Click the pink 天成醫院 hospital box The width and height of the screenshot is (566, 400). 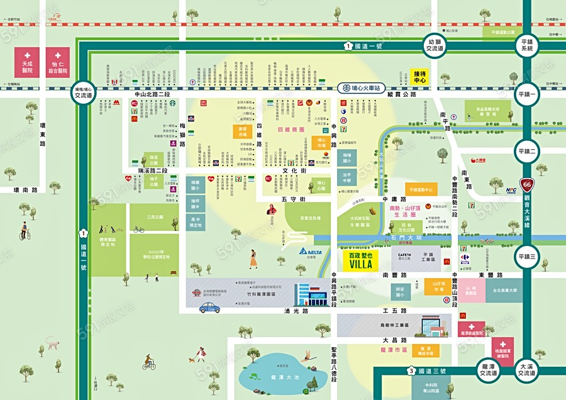[x=27, y=62]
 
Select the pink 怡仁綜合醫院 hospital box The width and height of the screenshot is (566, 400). [x=58, y=62]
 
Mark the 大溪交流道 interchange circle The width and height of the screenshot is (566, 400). [x=527, y=369]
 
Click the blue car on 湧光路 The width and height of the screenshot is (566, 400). [x=211, y=306]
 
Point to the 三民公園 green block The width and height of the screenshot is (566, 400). [x=154, y=217]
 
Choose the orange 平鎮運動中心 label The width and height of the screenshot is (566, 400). [x=421, y=189]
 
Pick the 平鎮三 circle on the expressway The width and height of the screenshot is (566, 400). [x=527, y=256]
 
